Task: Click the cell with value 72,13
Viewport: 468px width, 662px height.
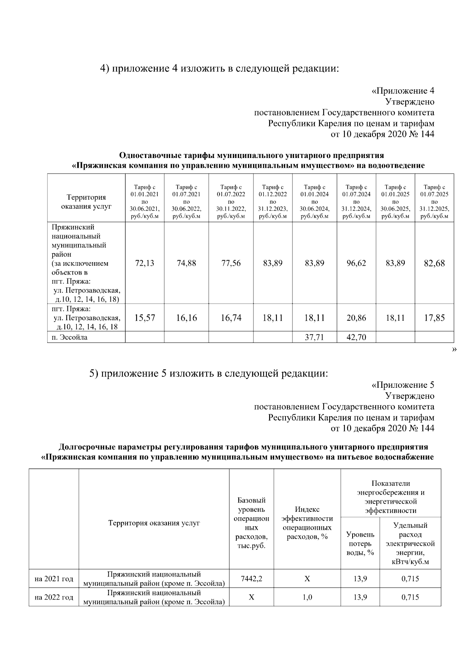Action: coord(145,263)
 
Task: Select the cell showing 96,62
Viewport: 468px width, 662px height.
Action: coord(356,263)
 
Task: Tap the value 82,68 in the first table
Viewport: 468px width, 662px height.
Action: coord(434,263)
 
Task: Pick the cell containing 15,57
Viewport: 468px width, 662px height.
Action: coord(145,318)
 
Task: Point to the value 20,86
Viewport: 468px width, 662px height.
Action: coord(356,318)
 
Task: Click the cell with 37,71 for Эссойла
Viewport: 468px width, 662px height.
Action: coord(314,337)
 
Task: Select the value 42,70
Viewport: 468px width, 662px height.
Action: coord(356,337)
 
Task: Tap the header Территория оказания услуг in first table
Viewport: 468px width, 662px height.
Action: coord(86,202)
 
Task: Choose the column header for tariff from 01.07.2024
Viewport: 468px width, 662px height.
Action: coord(356,202)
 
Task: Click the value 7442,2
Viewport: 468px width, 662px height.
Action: coord(252,579)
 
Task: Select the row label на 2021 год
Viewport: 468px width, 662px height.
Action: coord(54,579)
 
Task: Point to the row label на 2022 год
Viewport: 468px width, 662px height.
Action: coord(54,597)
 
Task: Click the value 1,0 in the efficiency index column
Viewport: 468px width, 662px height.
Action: coord(307,597)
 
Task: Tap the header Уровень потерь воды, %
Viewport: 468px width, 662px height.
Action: coord(360,543)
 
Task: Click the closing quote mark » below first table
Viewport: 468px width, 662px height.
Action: coord(454,350)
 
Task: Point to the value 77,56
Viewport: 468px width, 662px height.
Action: coord(231,263)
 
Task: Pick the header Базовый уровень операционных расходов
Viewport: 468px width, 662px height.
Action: coord(252,523)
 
